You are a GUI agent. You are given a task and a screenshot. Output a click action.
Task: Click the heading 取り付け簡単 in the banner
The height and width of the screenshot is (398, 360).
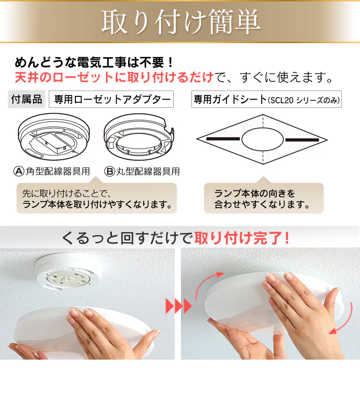pos(181,22)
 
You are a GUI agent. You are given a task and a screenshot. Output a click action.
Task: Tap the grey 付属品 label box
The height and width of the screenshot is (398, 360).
pos(26,99)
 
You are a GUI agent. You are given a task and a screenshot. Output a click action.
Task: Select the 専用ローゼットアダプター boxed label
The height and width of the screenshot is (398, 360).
pos(111,99)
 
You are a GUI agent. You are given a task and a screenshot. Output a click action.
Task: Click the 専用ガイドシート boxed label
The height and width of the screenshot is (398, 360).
pos(266,99)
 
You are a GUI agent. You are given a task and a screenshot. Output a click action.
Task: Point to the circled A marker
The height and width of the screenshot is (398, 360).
pos(19,171)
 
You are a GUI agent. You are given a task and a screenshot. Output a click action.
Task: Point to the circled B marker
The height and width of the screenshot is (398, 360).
pos(109,172)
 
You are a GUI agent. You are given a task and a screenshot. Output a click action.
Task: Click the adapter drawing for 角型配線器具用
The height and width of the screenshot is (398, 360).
pos(54,137)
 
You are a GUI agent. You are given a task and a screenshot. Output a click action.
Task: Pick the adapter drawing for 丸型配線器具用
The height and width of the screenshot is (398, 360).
pos(139,137)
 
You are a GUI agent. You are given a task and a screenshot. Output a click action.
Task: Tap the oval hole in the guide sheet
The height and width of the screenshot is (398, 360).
pos(263,140)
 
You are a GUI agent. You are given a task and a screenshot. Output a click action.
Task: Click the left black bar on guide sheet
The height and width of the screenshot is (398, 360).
pos(223,139)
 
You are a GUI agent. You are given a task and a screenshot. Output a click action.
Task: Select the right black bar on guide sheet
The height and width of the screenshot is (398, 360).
pos(302,140)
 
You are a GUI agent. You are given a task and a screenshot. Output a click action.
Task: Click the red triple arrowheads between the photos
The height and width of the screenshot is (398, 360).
pos(179,306)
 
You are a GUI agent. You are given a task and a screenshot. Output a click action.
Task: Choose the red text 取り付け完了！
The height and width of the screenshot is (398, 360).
pos(242,238)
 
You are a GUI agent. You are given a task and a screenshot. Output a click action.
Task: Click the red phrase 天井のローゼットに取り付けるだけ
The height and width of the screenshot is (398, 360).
pos(114,77)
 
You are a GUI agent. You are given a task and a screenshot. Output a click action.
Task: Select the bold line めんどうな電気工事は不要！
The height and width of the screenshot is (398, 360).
pos(94,62)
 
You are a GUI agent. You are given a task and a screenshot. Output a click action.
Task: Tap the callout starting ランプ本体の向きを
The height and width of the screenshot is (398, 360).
pos(264,198)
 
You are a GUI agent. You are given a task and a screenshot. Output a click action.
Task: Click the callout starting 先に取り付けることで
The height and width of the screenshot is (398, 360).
pos(96,198)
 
